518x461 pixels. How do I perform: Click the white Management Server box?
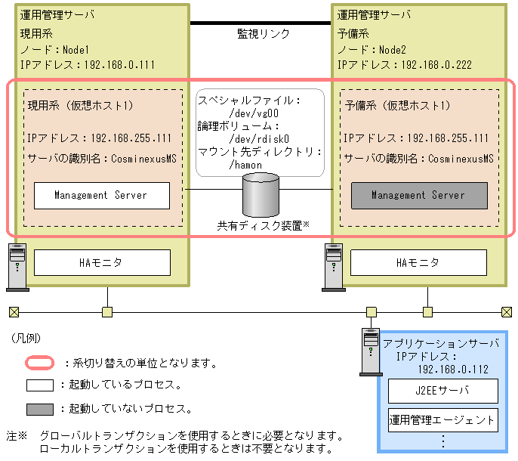point(101,195)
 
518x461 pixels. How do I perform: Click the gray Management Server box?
point(418,195)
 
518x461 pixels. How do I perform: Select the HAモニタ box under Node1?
point(101,262)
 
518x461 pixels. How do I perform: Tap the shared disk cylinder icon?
point(261,194)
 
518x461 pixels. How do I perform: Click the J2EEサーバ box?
point(443,391)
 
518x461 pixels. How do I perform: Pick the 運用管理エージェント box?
point(443,419)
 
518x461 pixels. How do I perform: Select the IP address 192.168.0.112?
point(453,370)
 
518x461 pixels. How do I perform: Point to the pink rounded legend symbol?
point(39,363)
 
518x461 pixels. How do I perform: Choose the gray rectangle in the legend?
point(39,409)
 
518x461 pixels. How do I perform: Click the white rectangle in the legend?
point(39,385)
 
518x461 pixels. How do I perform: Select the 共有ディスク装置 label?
point(260,225)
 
